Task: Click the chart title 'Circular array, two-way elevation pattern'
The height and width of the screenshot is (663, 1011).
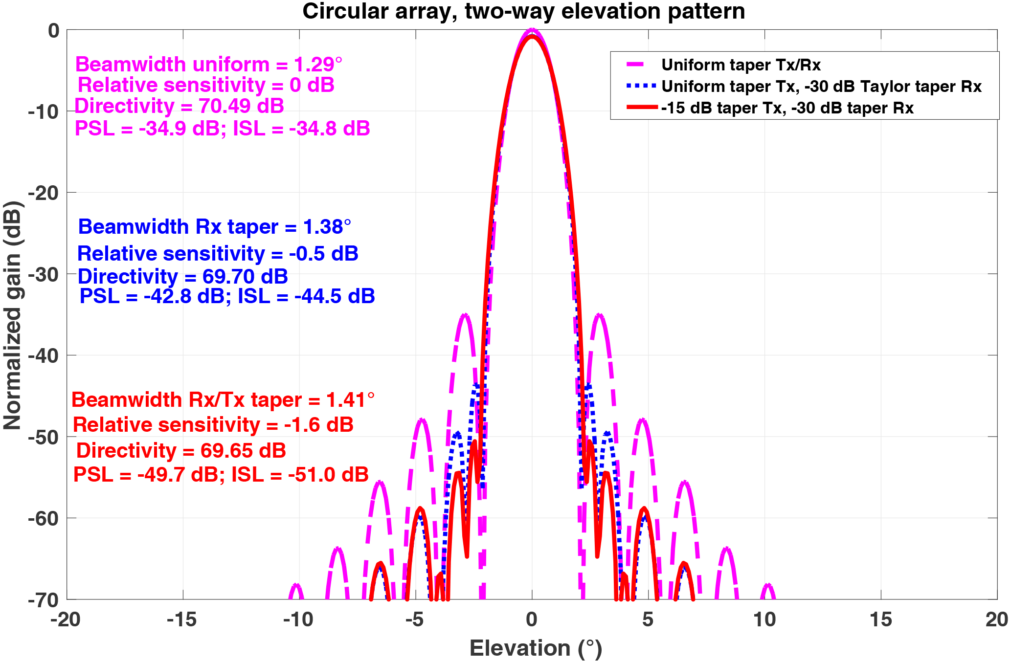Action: tap(523, 12)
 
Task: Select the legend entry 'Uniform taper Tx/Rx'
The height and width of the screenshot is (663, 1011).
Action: tap(741, 65)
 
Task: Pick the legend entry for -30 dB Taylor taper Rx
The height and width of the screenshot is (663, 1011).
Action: tap(821, 87)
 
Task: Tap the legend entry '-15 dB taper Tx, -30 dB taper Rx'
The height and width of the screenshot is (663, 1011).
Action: tap(787, 108)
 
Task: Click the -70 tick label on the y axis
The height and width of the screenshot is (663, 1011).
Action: tap(43, 600)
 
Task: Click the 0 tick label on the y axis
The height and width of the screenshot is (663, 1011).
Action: tap(53, 31)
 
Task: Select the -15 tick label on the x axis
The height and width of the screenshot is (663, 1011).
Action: tap(182, 620)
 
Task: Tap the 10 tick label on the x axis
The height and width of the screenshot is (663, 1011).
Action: tap(764, 620)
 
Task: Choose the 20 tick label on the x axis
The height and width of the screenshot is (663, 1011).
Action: tap(996, 620)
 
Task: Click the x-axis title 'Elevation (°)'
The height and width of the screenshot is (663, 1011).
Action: tap(536, 648)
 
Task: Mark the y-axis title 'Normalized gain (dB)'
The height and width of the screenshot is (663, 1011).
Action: tap(13, 315)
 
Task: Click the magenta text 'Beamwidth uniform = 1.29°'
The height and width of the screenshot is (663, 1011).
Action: tap(208, 65)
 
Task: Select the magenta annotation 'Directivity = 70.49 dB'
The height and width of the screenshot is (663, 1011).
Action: tap(179, 106)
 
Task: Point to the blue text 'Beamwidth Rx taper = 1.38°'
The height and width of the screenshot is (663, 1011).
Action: tap(214, 227)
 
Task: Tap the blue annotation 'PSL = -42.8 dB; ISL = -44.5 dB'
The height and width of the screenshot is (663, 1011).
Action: tap(227, 296)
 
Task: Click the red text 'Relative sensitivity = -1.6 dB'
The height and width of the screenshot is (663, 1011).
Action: tap(213, 425)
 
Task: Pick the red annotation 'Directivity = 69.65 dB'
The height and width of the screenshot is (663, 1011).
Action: tap(181, 451)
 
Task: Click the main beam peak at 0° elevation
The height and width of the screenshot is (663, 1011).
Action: tap(532, 31)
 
